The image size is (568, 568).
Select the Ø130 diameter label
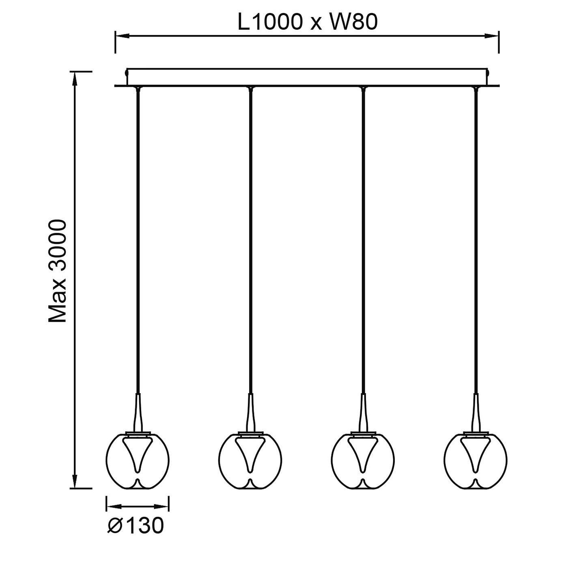point(136,526)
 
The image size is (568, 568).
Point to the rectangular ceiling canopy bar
point(307,77)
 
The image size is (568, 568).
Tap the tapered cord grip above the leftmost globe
point(138,412)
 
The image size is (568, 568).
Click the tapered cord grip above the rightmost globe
point(476,412)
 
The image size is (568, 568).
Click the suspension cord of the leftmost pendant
point(138,243)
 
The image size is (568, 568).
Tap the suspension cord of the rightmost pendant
point(476,243)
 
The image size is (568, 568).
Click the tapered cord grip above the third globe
point(363,412)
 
